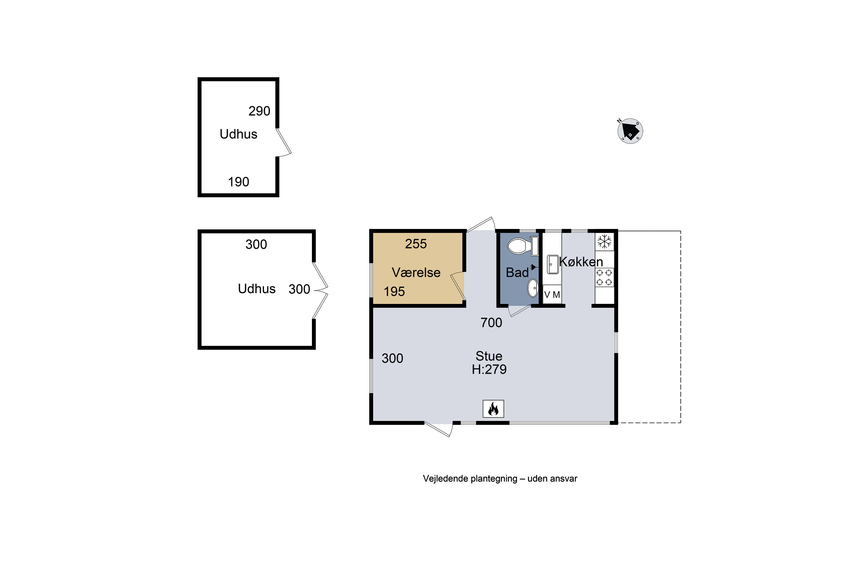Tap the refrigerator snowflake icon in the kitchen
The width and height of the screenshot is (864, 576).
coord(604,241)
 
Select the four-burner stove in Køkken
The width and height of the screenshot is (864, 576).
coord(604,277)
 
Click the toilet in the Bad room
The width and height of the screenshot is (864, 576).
coord(523,246)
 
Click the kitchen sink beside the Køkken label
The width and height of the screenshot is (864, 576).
coord(553,264)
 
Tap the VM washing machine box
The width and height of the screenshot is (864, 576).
coord(552,294)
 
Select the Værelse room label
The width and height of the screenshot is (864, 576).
coord(416,272)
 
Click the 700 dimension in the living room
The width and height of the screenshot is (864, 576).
coord(491,323)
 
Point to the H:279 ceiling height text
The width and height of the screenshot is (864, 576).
coord(489,369)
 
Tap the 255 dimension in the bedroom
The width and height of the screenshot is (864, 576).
coord(416,244)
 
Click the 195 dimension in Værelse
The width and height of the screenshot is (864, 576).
coord(394,292)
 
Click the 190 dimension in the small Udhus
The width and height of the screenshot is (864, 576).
coord(238,182)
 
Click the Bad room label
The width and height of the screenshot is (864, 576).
coord(517,272)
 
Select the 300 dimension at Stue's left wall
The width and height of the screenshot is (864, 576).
coord(392,358)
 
